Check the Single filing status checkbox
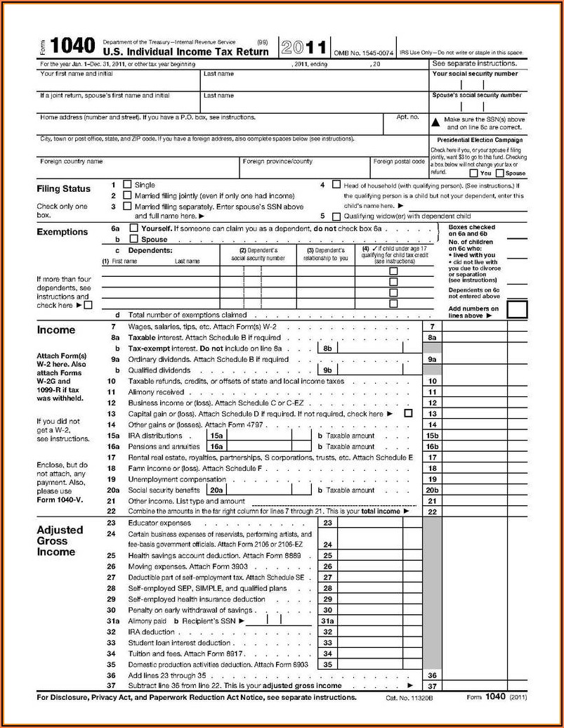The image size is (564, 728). tap(127, 185)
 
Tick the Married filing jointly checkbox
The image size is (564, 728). tap(127, 195)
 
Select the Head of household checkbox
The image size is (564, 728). tap(336, 186)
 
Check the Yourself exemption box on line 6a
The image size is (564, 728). tap(134, 229)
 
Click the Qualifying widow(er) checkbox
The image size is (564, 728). tap(336, 217)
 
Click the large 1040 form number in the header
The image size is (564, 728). tap(72, 46)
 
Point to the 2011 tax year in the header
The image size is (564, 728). tap(303, 48)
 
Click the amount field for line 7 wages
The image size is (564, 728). tap(474, 327)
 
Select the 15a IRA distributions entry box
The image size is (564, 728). tap(256, 436)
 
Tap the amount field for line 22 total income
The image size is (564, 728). tap(474, 512)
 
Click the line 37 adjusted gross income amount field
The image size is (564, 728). tap(474, 686)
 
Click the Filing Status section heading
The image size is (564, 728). tap(63, 189)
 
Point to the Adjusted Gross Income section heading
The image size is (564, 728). tap(60, 541)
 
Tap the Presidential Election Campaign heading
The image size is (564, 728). tap(480, 141)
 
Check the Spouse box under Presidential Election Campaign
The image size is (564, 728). tap(499, 174)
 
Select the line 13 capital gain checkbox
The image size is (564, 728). tap(408, 414)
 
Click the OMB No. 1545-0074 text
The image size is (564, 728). tap(363, 53)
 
